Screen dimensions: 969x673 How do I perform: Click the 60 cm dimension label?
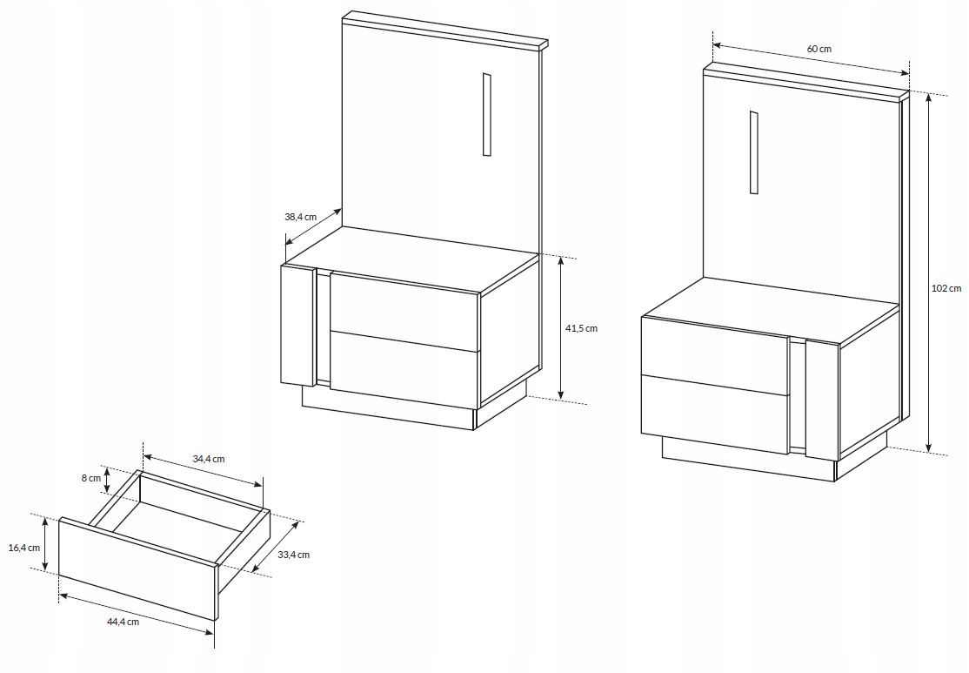pos(819,48)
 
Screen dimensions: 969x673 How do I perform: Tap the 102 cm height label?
pos(946,287)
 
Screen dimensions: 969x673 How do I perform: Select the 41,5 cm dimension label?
pos(582,328)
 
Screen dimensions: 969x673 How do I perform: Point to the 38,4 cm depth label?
pos(300,217)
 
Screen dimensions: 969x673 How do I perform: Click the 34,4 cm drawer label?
pos(208,459)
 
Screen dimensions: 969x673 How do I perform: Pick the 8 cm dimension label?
pos(90,478)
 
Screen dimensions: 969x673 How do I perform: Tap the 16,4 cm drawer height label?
pos(24,548)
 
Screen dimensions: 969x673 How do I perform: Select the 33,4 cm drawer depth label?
pos(293,555)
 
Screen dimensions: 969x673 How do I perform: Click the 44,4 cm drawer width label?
pos(123,623)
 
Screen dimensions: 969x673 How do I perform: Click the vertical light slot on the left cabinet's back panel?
pos(487,114)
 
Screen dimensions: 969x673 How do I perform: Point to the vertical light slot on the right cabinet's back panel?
pos(754,152)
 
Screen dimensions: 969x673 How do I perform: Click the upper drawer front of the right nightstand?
pos(716,356)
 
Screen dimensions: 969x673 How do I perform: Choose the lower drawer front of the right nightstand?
pos(716,414)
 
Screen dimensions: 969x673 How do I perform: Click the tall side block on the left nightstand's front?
pos(298,325)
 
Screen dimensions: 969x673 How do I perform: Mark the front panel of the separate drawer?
pos(137,569)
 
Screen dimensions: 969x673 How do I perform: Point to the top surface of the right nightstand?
pos(771,309)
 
